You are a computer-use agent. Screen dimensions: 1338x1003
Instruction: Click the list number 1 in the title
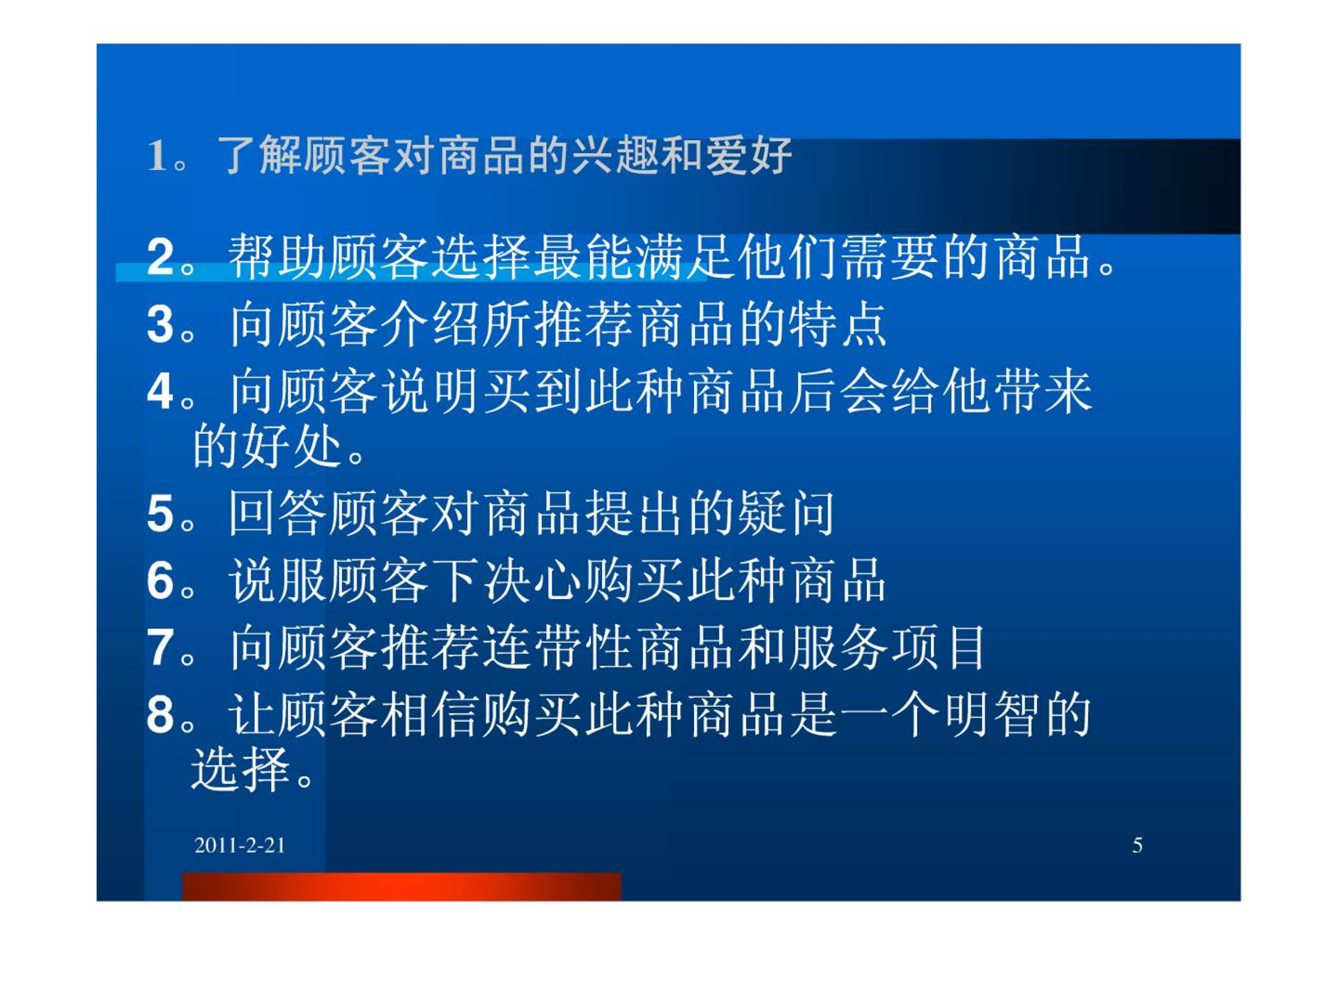(157, 155)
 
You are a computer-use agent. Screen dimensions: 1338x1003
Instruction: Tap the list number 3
(160, 325)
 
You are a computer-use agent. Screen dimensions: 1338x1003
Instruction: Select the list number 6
(160, 580)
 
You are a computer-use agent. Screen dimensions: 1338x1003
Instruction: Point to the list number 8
(160, 715)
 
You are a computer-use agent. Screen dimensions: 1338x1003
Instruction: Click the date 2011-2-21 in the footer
(240, 845)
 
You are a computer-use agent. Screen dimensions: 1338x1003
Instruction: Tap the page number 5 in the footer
(1137, 845)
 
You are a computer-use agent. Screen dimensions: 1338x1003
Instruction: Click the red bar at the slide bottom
(401, 887)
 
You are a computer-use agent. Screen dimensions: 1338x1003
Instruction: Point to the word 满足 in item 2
(686, 257)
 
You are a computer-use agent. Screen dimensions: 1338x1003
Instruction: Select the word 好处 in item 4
(291, 445)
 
